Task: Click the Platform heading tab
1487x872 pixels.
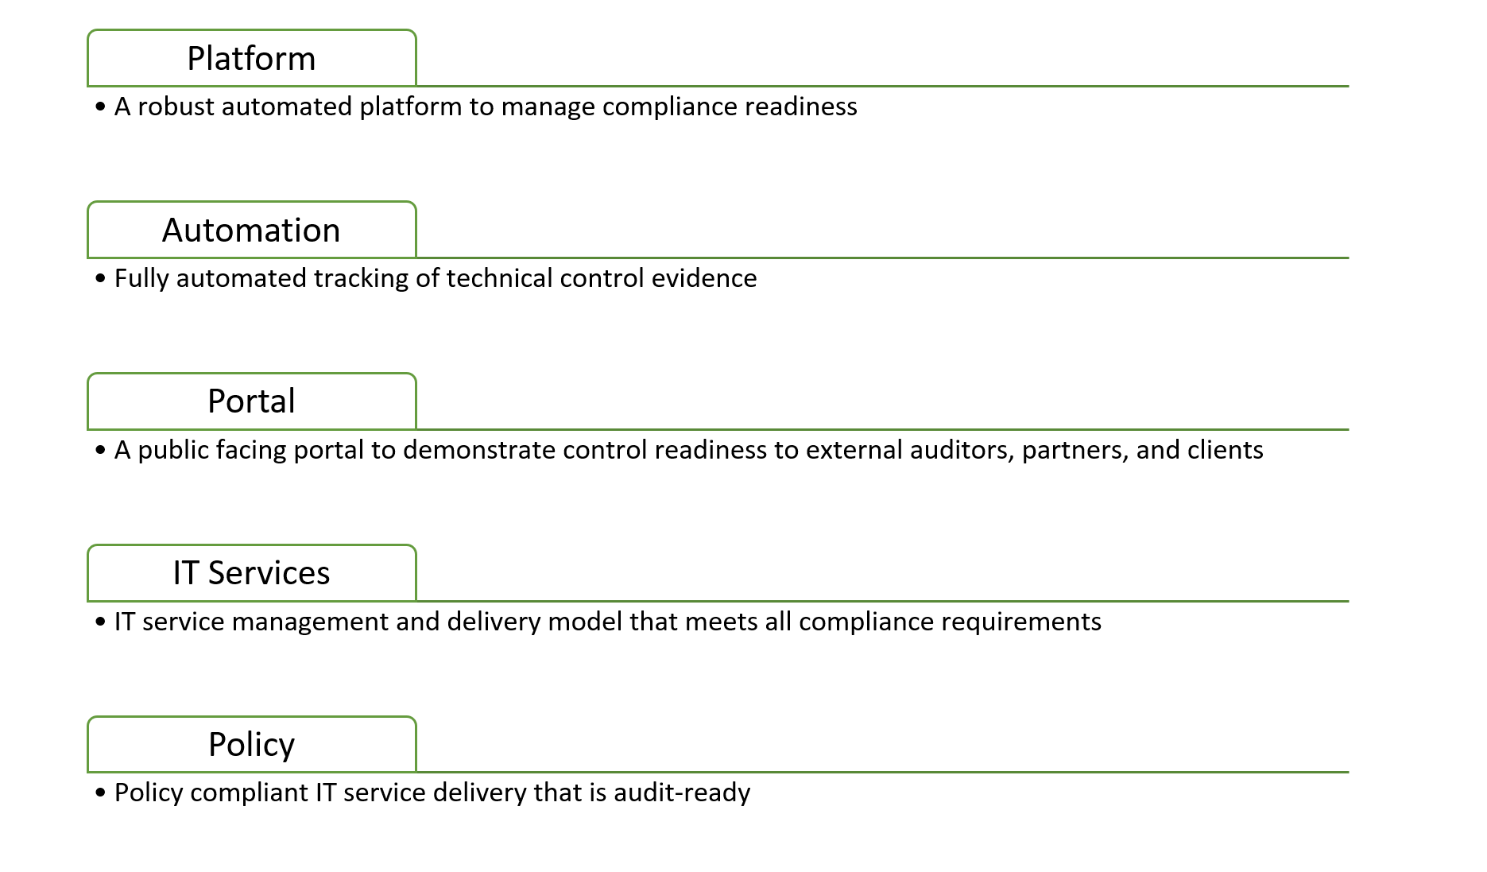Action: click(251, 58)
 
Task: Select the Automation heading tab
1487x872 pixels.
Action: click(251, 230)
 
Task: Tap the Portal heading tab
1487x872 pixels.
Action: click(251, 401)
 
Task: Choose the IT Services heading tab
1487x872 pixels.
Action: click(251, 573)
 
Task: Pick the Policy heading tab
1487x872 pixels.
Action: click(251, 744)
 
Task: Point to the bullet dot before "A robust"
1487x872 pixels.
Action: click(100, 107)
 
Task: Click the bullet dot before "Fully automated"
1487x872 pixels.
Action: click(100, 278)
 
